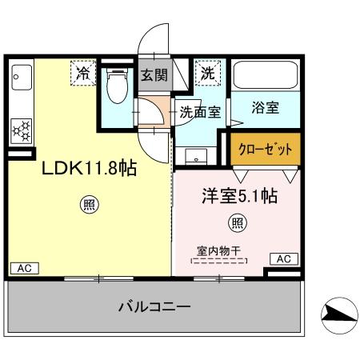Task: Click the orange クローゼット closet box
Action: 265,150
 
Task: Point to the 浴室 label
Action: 265,108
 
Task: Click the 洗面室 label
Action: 199,113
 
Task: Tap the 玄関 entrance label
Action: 154,75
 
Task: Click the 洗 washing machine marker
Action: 207,73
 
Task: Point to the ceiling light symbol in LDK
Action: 89,205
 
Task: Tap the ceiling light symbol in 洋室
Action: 237,222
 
